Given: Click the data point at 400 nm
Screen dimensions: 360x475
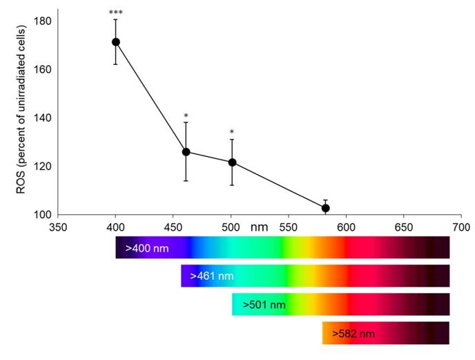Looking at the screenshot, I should point(116,42).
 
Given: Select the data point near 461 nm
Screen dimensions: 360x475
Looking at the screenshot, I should point(186,152).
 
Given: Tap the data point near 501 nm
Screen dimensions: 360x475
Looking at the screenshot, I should point(232,162).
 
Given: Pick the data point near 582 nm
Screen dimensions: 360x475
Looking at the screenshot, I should point(325,208).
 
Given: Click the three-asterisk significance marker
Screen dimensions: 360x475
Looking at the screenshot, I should point(115,13).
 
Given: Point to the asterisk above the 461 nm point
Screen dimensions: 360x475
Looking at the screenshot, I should point(186,116).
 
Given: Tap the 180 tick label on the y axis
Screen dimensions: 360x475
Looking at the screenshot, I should point(43,21).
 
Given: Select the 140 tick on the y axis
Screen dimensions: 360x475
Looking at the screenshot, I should point(43,118).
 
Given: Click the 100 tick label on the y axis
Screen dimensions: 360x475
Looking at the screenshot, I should point(43,215).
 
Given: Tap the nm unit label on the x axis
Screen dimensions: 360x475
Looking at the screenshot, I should point(259,227).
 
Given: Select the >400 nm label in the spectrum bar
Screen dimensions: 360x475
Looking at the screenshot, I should point(147,247).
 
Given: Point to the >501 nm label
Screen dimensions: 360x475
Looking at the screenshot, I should point(264,304).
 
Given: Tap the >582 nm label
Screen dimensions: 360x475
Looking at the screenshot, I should point(353,334).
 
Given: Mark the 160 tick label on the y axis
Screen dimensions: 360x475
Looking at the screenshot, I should point(43,70).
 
